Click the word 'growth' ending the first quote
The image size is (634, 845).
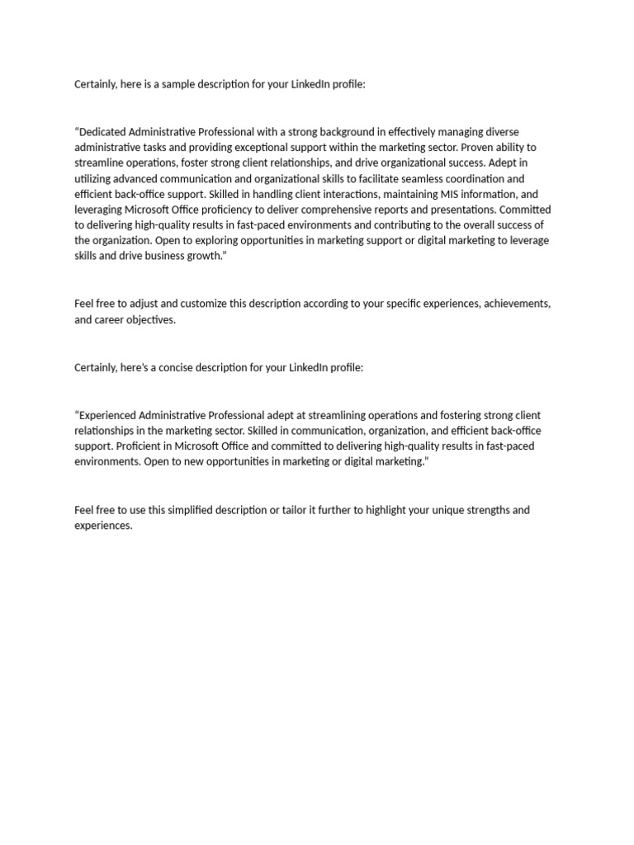tap(205, 256)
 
